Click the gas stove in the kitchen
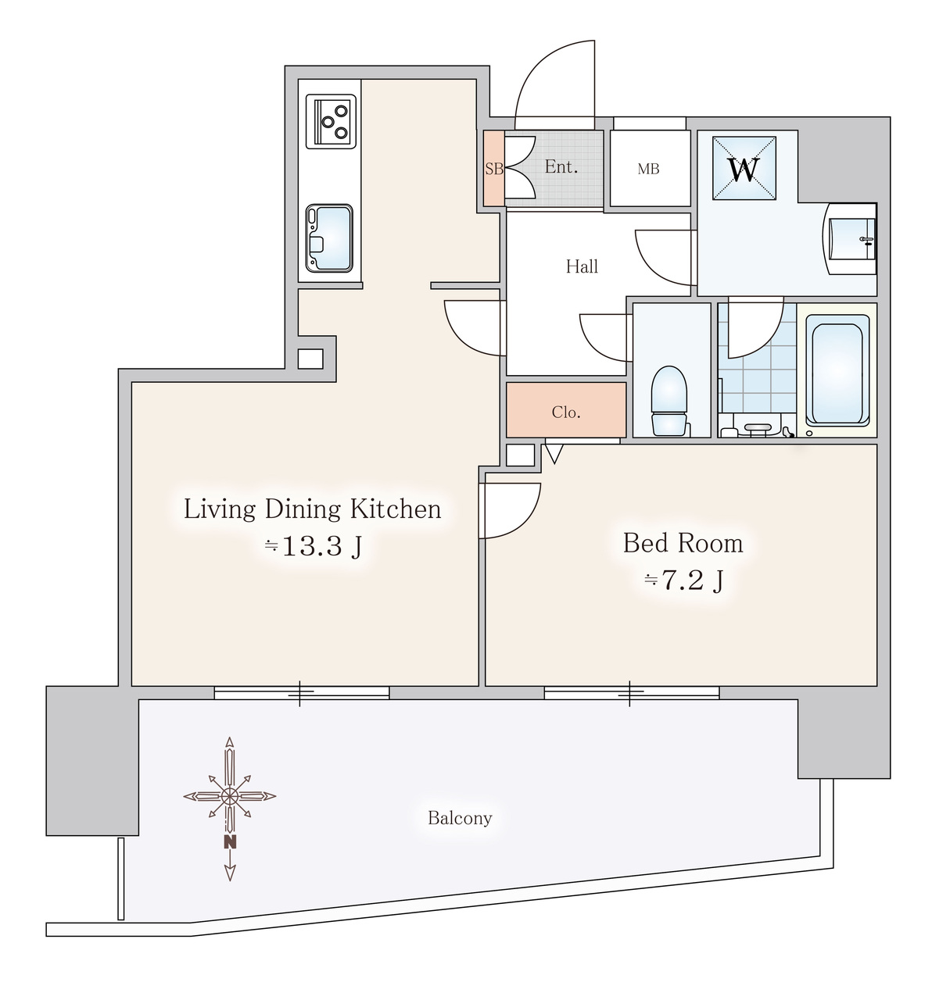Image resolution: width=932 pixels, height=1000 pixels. click(x=331, y=122)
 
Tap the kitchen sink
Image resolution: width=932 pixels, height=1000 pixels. click(x=329, y=238)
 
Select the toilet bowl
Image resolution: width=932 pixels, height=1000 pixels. click(x=669, y=401)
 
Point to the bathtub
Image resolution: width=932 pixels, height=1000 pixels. click(x=837, y=370)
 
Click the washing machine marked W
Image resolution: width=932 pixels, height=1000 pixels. click(x=744, y=168)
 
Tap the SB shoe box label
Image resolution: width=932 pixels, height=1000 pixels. click(x=494, y=169)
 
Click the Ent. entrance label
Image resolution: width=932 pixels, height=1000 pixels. click(x=561, y=166)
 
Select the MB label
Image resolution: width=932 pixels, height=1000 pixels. click(x=648, y=170)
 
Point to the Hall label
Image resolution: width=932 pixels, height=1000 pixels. click(x=582, y=266)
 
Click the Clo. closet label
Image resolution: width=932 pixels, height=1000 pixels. click(x=566, y=412)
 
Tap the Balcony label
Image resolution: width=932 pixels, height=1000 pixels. click(x=460, y=818)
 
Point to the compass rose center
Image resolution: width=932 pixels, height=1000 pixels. click(x=229, y=797)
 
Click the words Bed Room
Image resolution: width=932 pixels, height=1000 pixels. click(x=683, y=543)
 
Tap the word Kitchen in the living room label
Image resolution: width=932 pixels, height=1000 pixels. click(x=396, y=509)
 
